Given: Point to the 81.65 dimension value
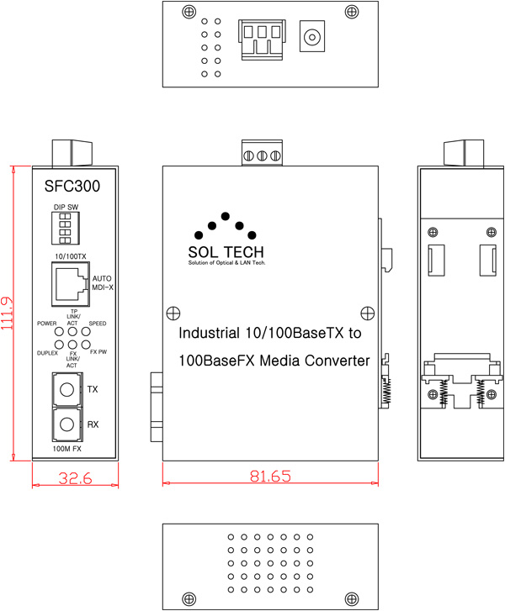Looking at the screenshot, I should click(x=270, y=477).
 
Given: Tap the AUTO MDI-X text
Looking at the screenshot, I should click(x=102, y=282).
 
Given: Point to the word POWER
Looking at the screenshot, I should click(x=47, y=323).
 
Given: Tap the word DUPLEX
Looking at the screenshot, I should click(x=47, y=351).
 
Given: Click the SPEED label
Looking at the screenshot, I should click(x=98, y=323).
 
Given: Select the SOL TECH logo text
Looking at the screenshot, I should click(x=225, y=251).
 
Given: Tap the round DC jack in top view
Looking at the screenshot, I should click(x=314, y=38).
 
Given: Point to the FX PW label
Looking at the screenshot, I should click(x=98, y=351).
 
